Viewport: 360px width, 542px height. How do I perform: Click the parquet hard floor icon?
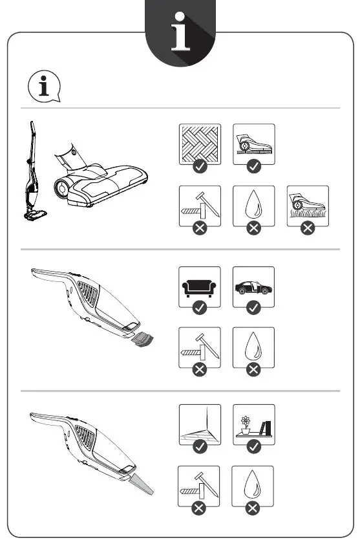(200, 144)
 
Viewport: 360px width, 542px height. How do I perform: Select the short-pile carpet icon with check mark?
(253, 144)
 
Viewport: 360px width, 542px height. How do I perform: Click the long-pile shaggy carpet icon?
(307, 205)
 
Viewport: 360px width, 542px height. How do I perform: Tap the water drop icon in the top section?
(253, 205)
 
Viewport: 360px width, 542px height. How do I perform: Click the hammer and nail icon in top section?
(200, 205)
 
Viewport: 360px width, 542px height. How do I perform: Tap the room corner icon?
(200, 424)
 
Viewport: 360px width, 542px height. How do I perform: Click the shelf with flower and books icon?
(253, 424)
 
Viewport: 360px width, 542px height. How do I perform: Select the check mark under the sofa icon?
(200, 308)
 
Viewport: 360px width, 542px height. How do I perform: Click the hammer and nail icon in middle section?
(200, 347)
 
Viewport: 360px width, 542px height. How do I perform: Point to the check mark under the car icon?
(253, 308)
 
